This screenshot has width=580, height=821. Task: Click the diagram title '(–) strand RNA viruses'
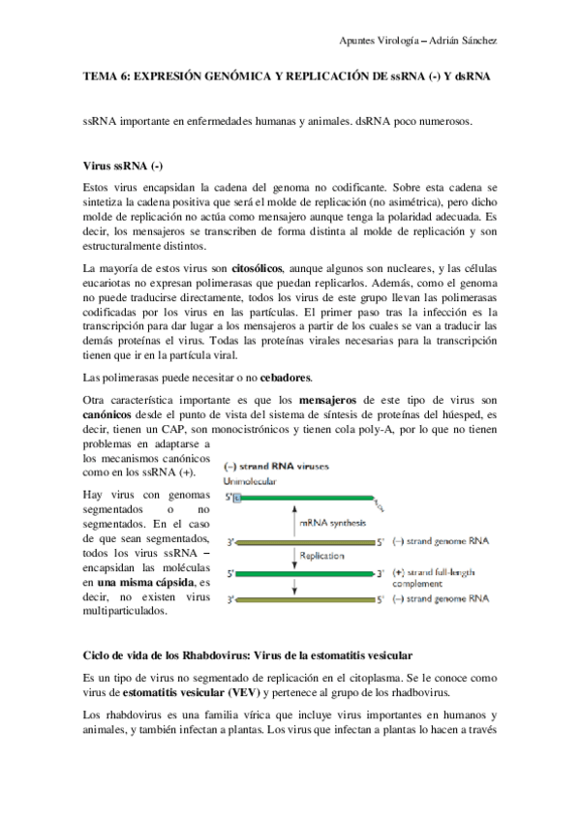click(x=276, y=466)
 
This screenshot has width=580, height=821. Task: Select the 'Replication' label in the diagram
click(x=321, y=556)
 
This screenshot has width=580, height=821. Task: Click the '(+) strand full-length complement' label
click(x=431, y=579)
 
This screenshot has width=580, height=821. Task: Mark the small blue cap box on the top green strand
click(x=231, y=498)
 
